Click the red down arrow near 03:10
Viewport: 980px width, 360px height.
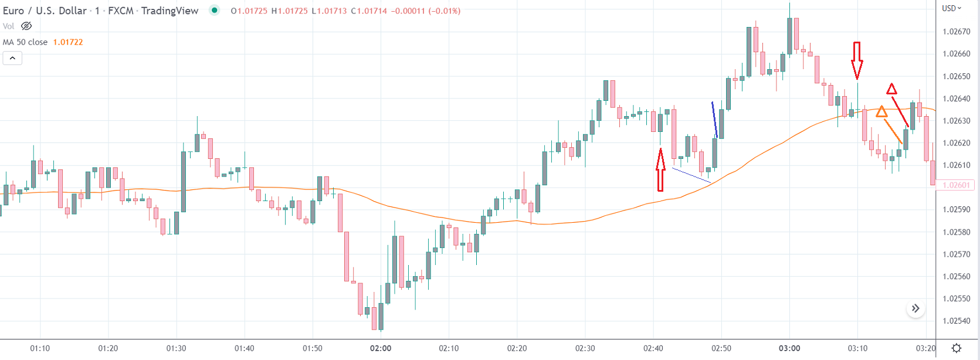[x=857, y=60]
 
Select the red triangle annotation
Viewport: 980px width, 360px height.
[x=891, y=89]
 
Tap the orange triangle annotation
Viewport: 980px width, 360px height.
[x=881, y=111]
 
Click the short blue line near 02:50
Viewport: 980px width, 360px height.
[x=714, y=120]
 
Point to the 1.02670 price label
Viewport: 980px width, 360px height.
[x=956, y=32]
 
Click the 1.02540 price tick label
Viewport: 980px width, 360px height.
[x=956, y=321]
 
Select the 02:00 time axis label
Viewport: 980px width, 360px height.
[x=381, y=348]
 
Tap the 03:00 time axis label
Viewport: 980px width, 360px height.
[x=789, y=348]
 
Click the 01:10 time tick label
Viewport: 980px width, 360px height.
[x=40, y=348]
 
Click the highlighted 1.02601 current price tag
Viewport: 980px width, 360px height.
[x=956, y=185]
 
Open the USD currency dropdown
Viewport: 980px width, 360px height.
[x=951, y=8]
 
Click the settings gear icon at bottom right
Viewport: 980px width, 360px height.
[x=957, y=348]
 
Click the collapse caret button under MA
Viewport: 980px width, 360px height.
[x=12, y=58]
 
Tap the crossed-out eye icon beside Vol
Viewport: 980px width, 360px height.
[x=26, y=26]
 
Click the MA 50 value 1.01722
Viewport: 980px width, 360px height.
[x=68, y=42]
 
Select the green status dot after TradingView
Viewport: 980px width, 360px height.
[x=215, y=10]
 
